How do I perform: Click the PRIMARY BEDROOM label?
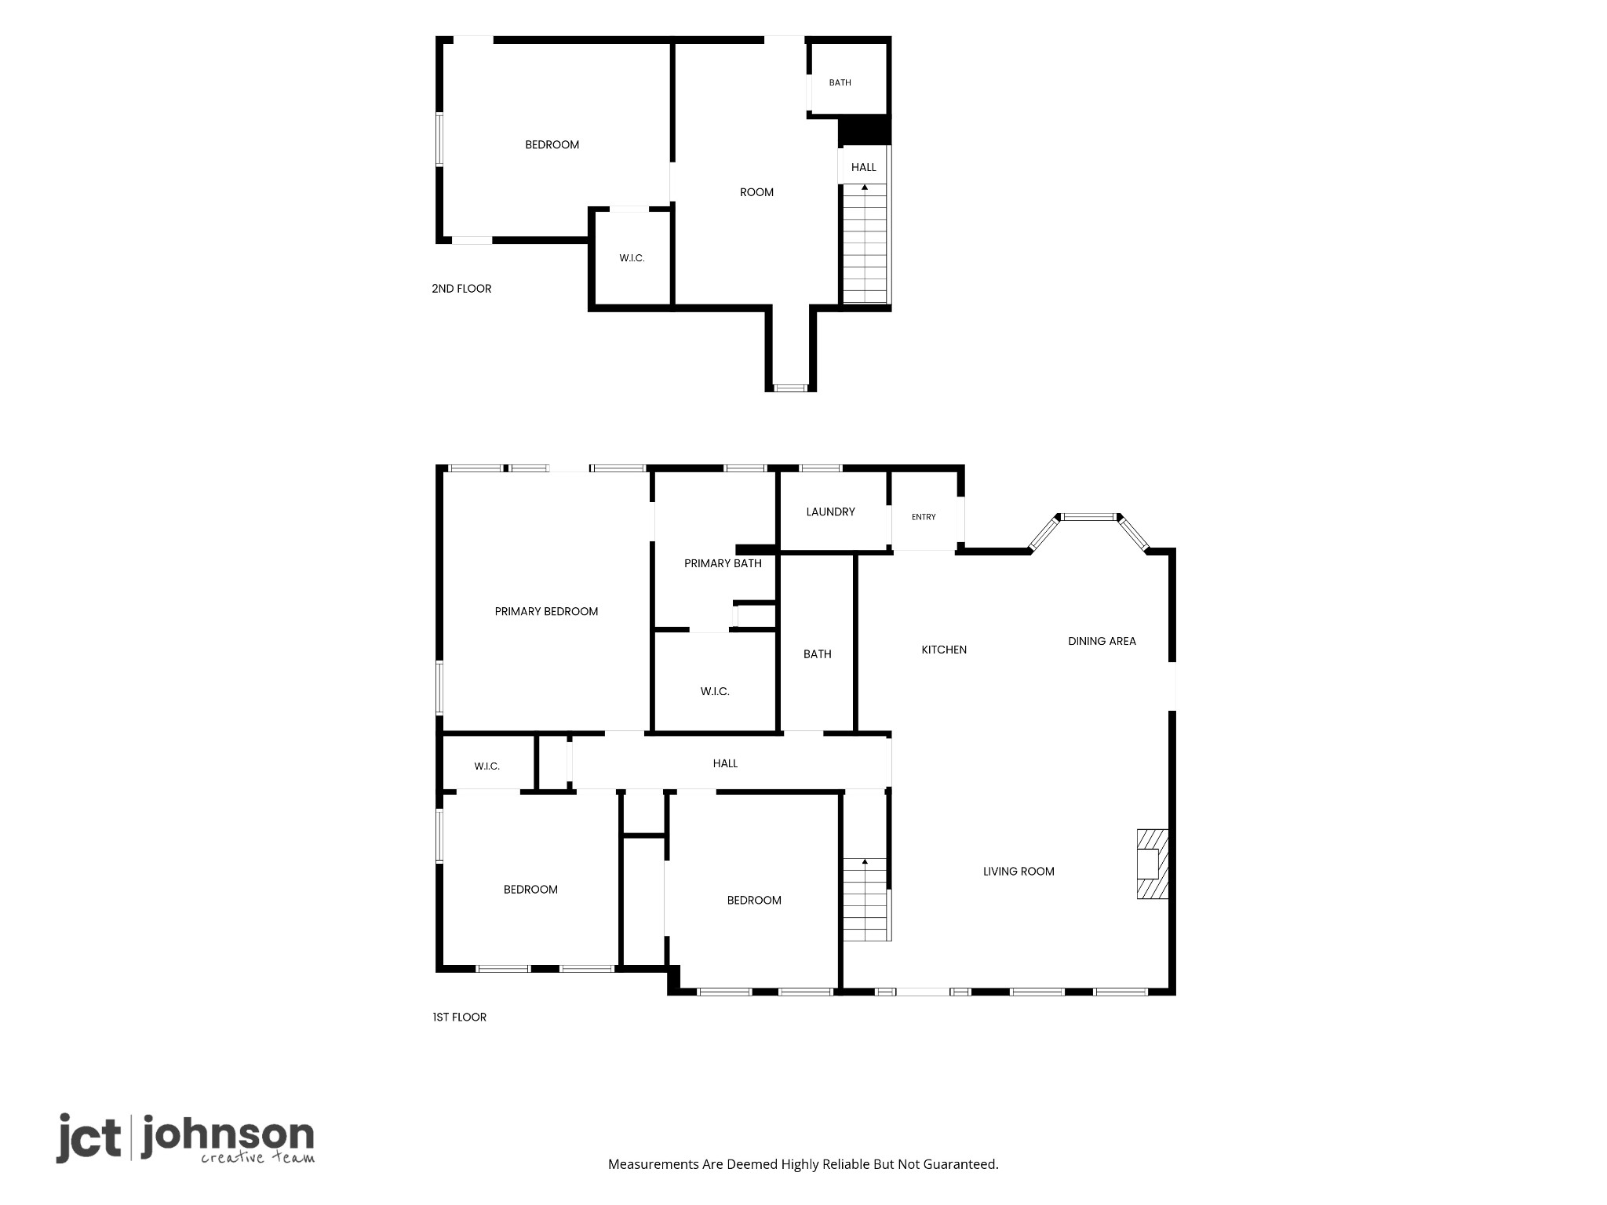[x=546, y=612]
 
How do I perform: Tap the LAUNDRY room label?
[x=830, y=512]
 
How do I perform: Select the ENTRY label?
[x=924, y=517]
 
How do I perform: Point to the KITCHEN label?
[x=944, y=650]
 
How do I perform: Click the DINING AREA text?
[x=1102, y=641]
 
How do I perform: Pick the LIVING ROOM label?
[x=1018, y=872]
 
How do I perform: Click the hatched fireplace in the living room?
[x=1153, y=864]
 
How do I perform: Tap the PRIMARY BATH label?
[x=723, y=563]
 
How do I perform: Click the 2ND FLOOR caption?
[x=461, y=289]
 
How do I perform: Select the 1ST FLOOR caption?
[x=459, y=1018]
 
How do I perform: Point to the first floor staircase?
[x=865, y=900]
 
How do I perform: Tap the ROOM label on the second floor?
[x=756, y=192]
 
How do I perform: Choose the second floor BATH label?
[x=840, y=82]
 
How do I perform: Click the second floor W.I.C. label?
[x=632, y=258]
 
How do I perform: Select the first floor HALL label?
[x=725, y=763]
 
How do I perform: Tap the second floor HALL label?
[x=863, y=167]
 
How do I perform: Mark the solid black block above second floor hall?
[x=864, y=130]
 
